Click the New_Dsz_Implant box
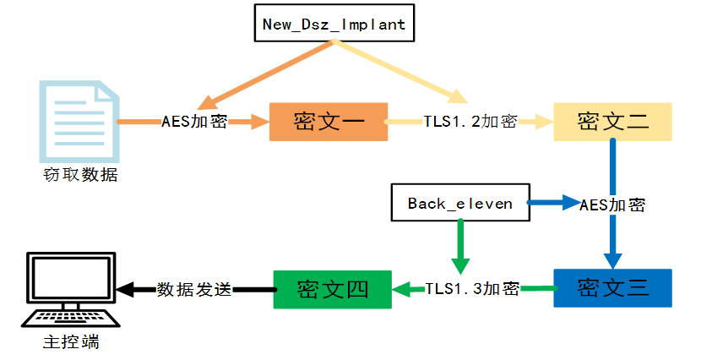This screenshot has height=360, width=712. click(334, 24)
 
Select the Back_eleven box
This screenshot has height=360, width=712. click(459, 204)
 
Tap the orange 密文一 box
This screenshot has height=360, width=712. click(329, 122)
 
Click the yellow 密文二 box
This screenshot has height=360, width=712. click(612, 122)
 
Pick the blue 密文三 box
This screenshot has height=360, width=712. click(612, 288)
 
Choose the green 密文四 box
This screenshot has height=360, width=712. click(332, 289)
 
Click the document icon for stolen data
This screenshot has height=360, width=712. click(79, 120)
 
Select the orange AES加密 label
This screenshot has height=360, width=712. click(193, 122)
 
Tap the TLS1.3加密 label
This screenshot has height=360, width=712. click(471, 289)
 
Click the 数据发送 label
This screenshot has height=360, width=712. click(193, 289)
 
